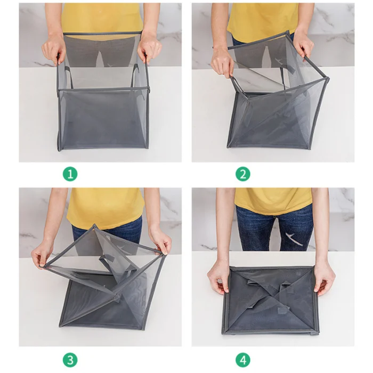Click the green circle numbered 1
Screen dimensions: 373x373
click(70, 174)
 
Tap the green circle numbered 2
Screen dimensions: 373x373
click(243, 174)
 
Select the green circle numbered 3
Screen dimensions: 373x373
click(70, 360)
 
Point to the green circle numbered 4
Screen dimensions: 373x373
click(243, 360)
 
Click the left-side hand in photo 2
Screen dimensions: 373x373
click(222, 61)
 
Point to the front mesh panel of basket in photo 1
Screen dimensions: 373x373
click(103, 119)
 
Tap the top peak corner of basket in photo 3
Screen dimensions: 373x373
click(94, 225)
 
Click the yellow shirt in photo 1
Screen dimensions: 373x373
click(102, 19)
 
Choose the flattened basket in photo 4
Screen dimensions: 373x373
click(271, 301)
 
